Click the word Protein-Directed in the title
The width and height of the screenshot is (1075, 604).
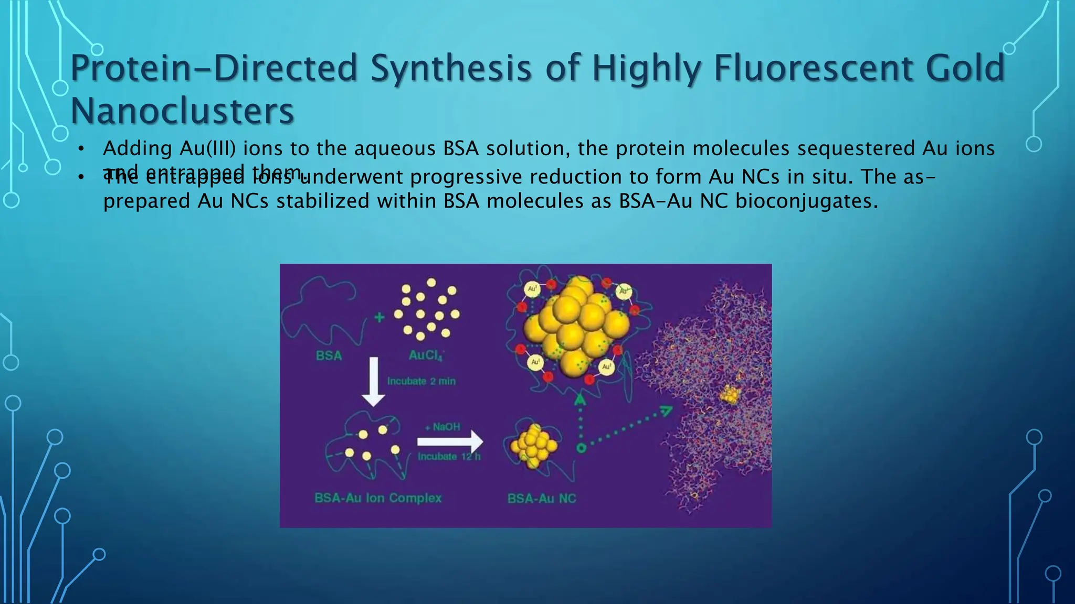[213, 69]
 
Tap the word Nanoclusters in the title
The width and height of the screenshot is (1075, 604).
[182, 111]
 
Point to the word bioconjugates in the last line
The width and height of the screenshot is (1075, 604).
[806, 201]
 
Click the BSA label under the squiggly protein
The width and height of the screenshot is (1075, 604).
[329, 355]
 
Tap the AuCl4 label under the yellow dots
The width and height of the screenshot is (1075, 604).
[426, 355]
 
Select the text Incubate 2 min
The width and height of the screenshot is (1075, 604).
[421, 381]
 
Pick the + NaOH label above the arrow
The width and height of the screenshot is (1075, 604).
[442, 427]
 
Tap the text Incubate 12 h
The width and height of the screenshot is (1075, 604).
[449, 456]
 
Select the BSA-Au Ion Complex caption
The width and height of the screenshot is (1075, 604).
[378, 498]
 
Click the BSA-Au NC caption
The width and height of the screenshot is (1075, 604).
[541, 498]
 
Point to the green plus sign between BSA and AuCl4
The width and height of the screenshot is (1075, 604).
[379, 317]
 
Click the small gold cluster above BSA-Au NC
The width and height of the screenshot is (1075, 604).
[533, 446]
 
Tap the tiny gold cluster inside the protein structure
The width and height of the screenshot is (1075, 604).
[729, 395]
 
